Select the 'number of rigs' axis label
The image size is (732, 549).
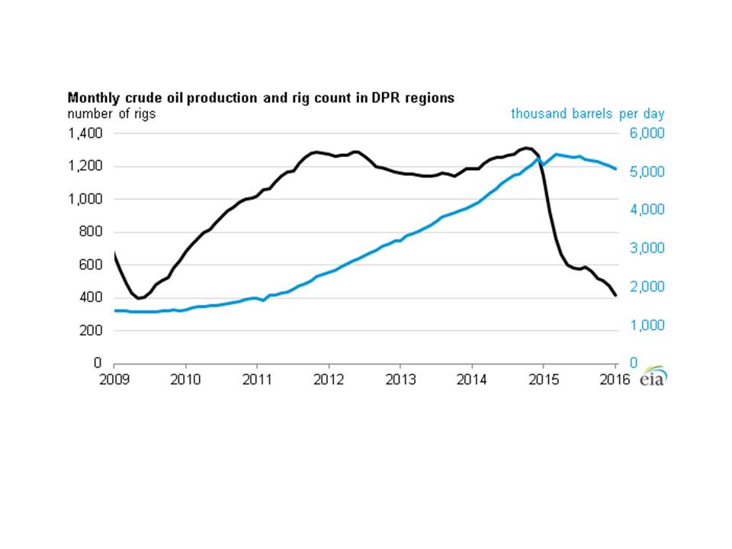[112, 114]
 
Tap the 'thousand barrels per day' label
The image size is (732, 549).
[587, 114]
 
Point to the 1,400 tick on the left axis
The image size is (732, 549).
[85, 133]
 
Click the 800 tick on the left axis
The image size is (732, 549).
[91, 232]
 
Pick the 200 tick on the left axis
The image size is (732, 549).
[91, 330]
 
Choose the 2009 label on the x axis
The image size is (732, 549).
[114, 378]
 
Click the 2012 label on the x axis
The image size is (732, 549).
[329, 378]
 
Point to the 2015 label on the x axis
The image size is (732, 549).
[543, 378]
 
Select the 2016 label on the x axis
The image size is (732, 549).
[615, 378]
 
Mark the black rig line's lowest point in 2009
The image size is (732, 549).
[139, 298]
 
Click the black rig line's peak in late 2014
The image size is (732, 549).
[527, 148]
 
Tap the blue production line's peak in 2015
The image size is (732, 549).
[557, 154]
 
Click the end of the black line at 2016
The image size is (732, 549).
[615, 296]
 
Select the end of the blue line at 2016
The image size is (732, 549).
[615, 169]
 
